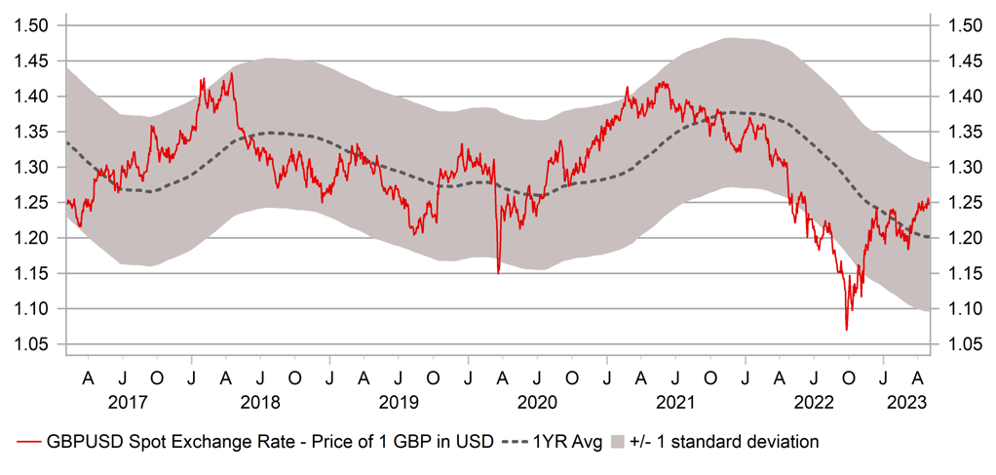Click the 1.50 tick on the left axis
pos(32,25)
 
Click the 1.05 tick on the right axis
pos(962,344)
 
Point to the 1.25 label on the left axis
pos(32,203)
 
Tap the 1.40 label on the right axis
pos(962,97)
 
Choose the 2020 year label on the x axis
pos(537,402)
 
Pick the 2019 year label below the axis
pos(399,402)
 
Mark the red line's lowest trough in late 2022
pos(846,330)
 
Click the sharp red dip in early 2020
pos(498,272)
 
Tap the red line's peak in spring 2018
pos(231,73)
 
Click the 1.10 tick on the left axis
pos(32,309)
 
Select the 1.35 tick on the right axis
pos(962,132)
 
